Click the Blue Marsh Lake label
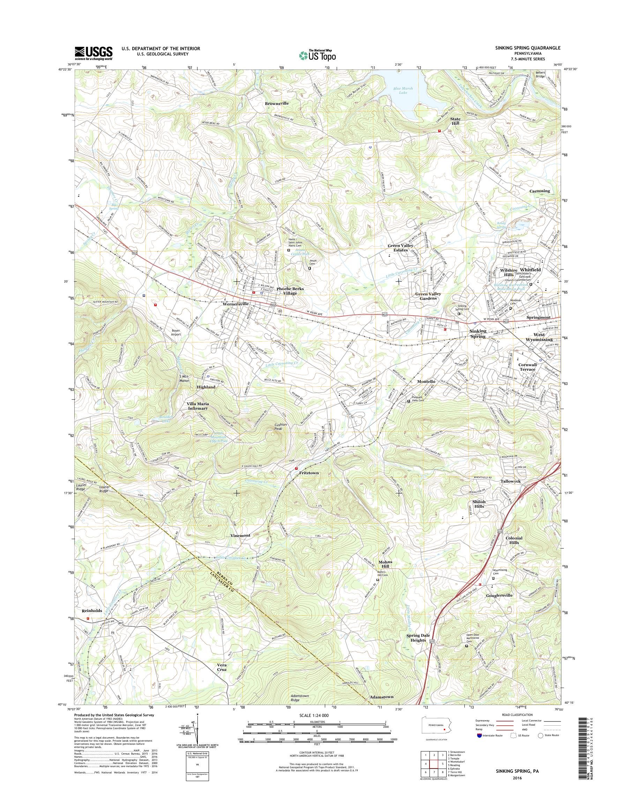(x=400, y=90)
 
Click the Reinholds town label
(x=91, y=610)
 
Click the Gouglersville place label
(x=499, y=595)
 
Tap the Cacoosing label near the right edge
(x=540, y=191)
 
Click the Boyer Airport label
(x=176, y=332)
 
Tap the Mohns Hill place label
(x=385, y=564)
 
